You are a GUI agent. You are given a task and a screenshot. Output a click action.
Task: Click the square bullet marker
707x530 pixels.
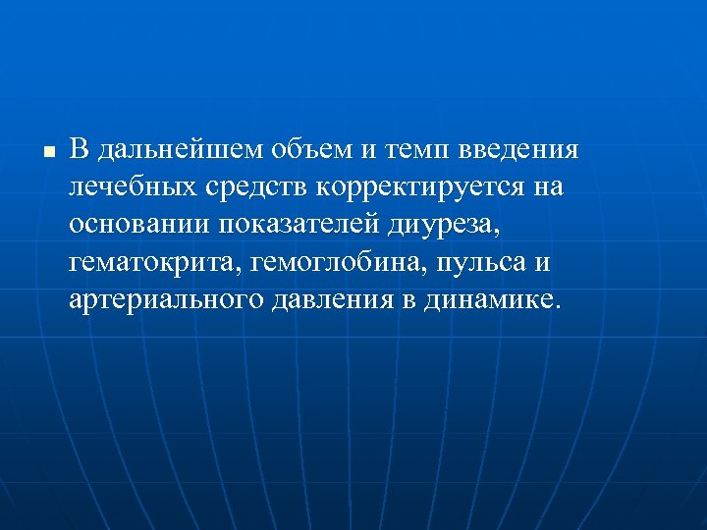[x=47, y=152]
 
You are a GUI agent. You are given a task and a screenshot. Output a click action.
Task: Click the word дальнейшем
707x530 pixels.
[x=163, y=150]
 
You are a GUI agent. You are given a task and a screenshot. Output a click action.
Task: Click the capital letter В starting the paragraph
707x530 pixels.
[x=80, y=150]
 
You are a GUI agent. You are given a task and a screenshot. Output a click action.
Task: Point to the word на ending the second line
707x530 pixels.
[x=550, y=187]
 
